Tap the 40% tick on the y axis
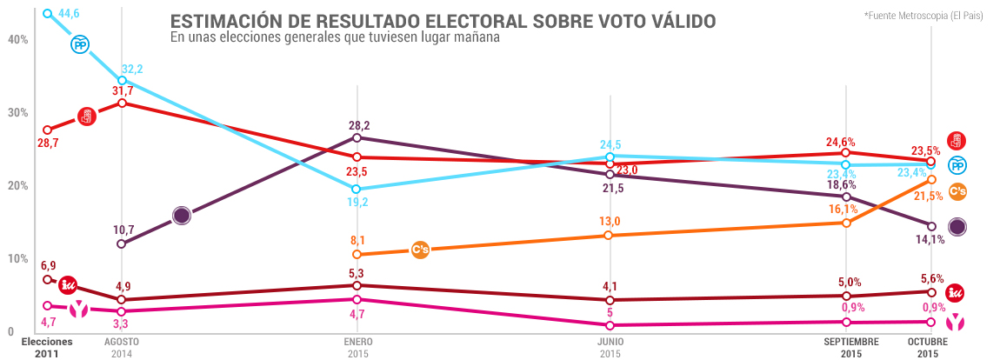[17, 39]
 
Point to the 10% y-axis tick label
[17, 259]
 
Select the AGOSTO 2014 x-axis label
[121, 348]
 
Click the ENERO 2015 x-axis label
[357, 348]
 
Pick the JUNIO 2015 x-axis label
[611, 348]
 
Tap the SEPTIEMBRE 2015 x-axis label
[851, 348]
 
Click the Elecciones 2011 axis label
[47, 348]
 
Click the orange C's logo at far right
[957, 192]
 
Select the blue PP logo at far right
[957, 165]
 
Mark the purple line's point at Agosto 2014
[121, 243]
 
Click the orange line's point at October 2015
[931, 180]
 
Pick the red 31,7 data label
[123, 90]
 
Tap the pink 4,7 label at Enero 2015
[357, 314]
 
